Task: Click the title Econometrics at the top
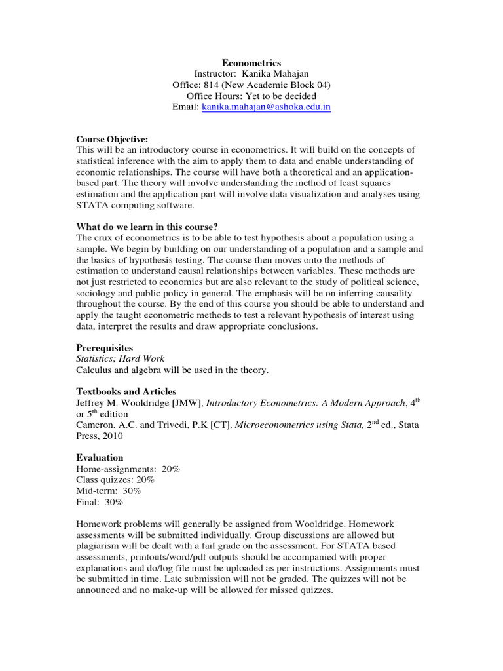(251, 63)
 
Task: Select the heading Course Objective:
(112, 139)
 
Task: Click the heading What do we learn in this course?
(147, 227)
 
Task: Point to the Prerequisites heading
(104, 347)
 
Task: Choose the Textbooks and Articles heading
(126, 392)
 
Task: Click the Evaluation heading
(100, 458)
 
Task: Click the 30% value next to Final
(113, 503)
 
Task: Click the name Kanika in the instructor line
(263, 73)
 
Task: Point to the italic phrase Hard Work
(142, 358)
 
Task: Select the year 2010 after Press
(113, 436)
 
